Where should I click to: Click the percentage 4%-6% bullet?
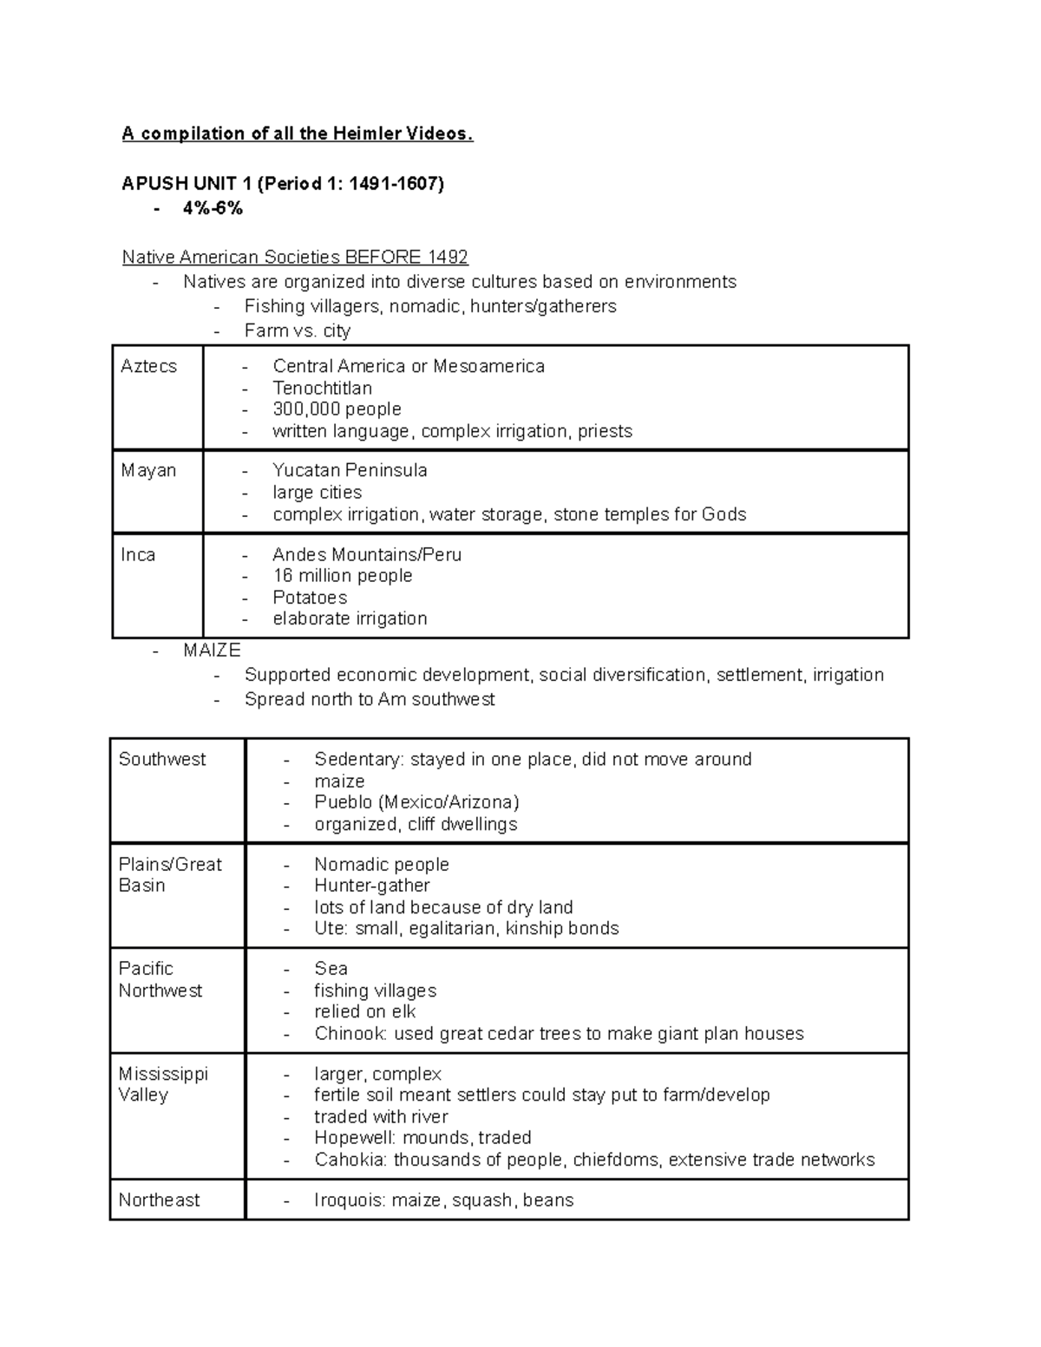point(213,208)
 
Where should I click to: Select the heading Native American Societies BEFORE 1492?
point(295,257)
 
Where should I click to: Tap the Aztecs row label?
point(148,366)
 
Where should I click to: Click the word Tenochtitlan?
point(322,388)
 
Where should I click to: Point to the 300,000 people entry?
point(337,409)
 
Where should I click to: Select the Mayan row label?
point(148,470)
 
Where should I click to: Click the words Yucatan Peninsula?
point(350,470)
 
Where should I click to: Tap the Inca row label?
point(138,554)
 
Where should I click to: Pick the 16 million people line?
point(342,576)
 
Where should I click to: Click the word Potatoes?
point(310,598)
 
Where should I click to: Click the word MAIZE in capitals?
point(212,650)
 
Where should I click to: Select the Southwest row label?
point(162,759)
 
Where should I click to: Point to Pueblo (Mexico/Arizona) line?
point(416,801)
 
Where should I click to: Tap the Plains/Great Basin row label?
point(169,874)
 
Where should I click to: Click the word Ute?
point(330,928)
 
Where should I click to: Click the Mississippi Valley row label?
point(163,1084)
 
